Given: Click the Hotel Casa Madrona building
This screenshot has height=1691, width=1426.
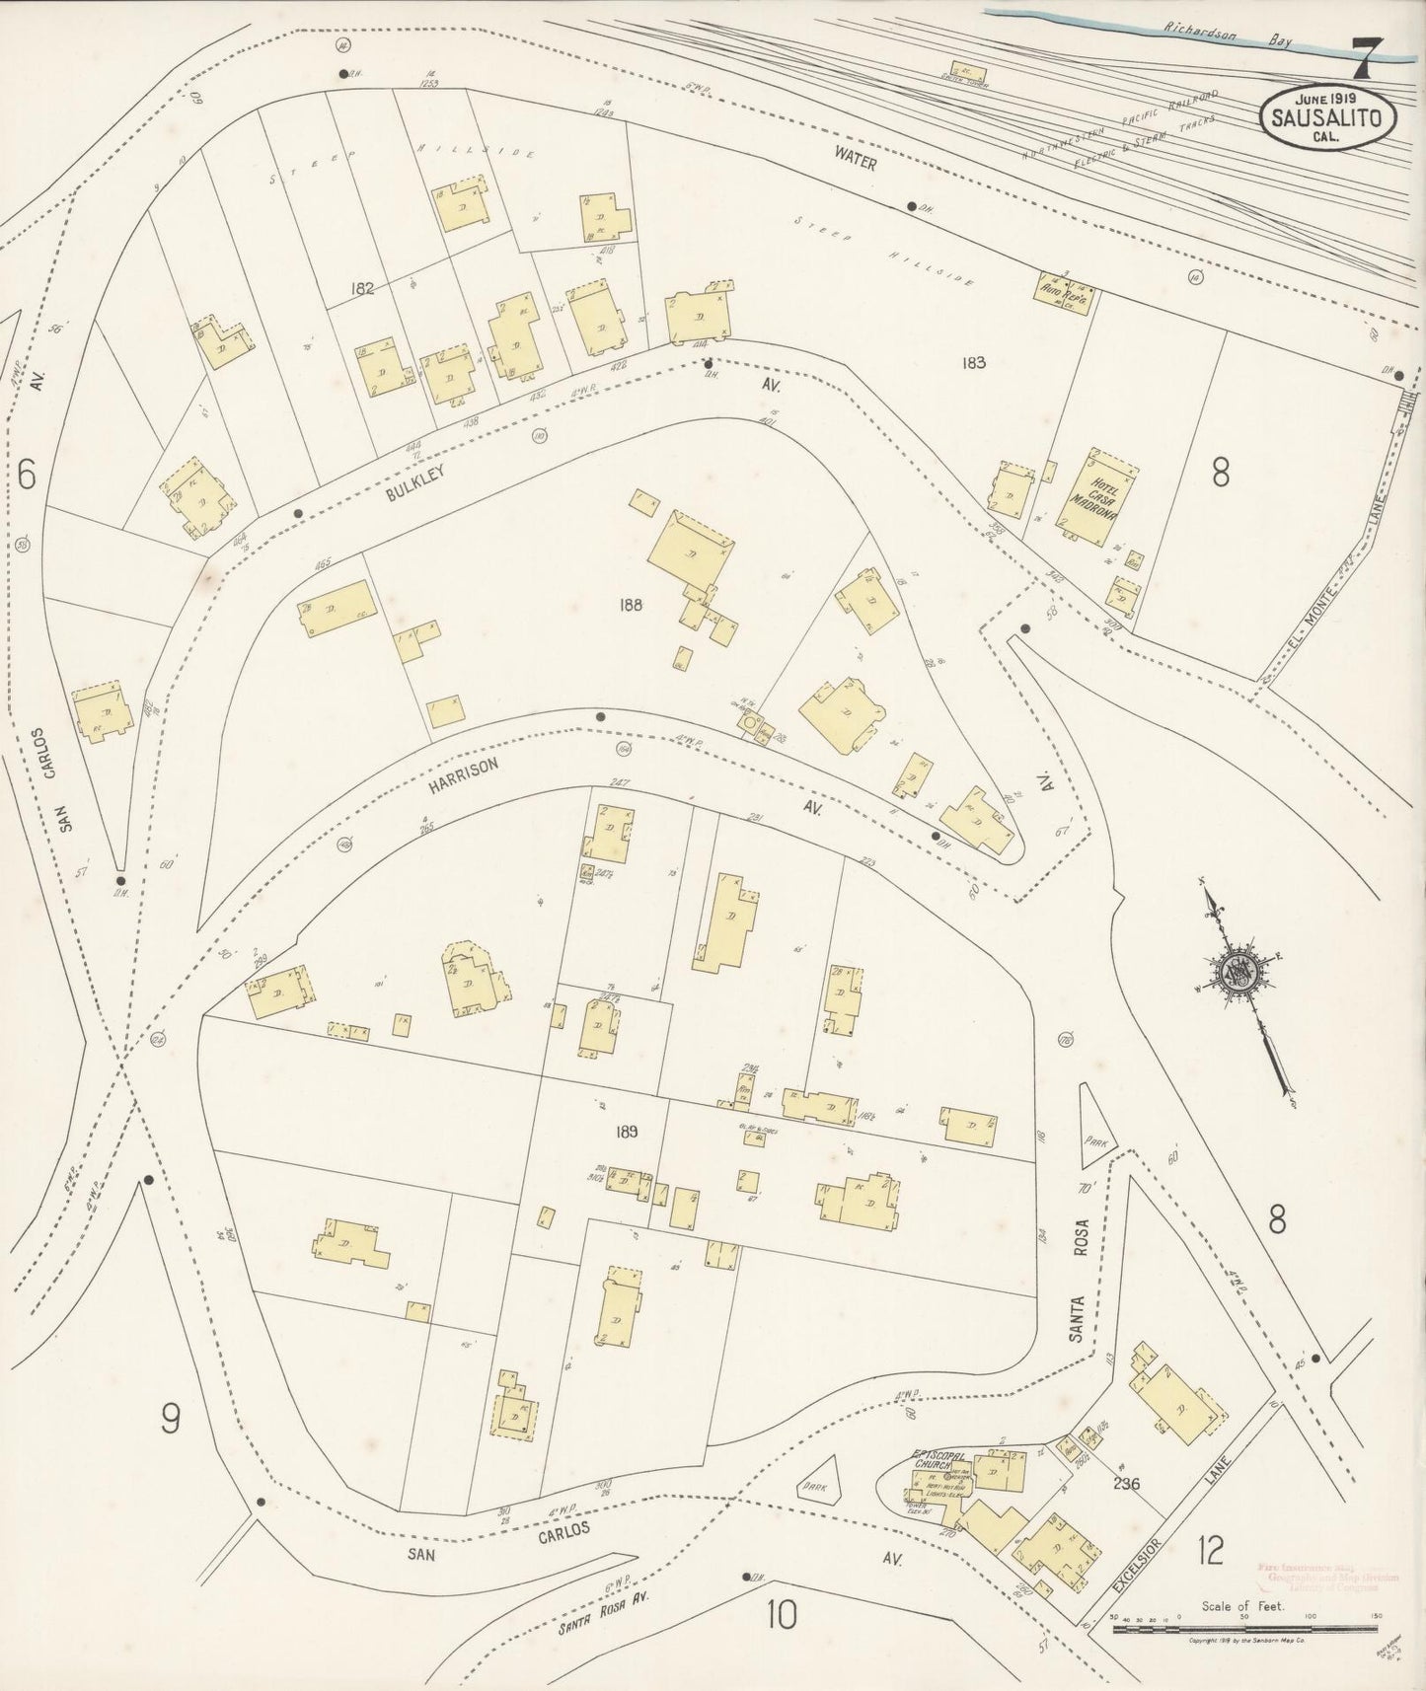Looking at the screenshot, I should (x=1098, y=498).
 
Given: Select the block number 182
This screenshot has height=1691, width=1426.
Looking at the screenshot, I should (x=362, y=288).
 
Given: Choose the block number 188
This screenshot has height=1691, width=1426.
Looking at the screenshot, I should (x=631, y=604).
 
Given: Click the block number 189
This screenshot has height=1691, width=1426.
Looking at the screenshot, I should (x=626, y=1132).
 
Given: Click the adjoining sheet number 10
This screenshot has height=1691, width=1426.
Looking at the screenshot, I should (x=782, y=1615).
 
